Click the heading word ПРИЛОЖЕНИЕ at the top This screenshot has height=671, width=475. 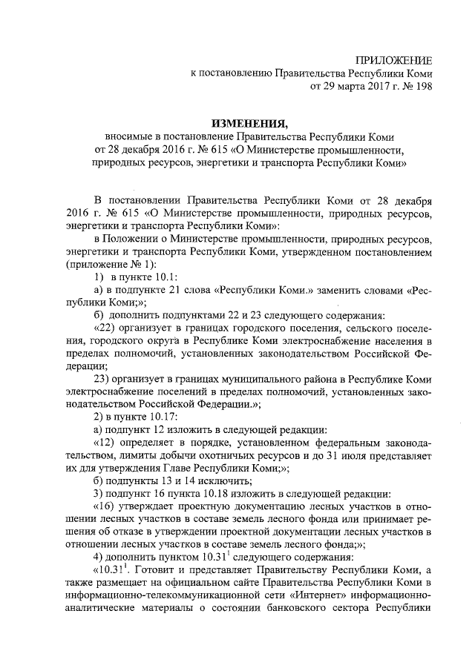[x=393, y=60]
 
